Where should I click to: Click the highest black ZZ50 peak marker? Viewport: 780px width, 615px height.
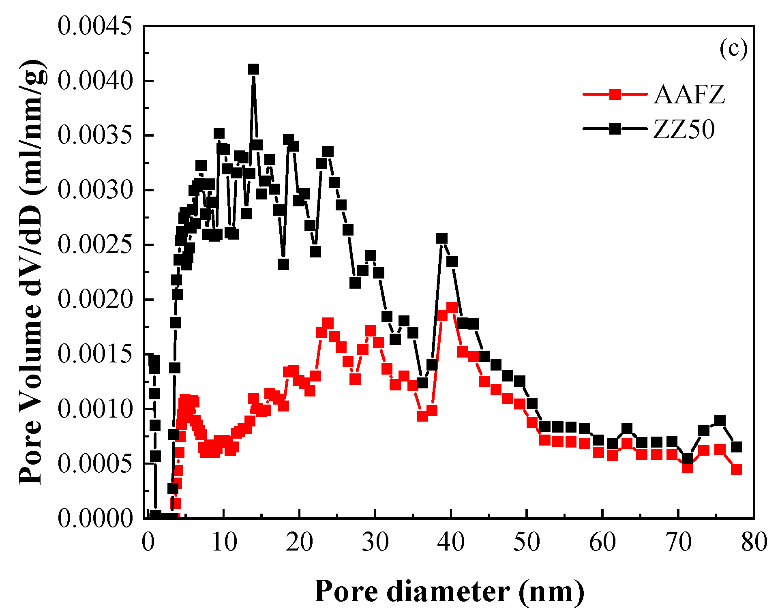click(x=253, y=69)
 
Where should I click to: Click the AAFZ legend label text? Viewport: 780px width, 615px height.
click(x=689, y=95)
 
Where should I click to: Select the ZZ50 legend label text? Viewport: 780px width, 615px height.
click(x=684, y=129)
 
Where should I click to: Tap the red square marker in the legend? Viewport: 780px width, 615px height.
click(x=615, y=94)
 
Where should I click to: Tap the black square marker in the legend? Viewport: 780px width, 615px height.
click(x=615, y=129)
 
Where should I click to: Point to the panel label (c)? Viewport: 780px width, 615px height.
click(x=733, y=49)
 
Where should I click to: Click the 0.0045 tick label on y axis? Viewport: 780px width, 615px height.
click(x=95, y=26)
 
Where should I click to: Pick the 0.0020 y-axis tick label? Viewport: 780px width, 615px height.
click(x=95, y=300)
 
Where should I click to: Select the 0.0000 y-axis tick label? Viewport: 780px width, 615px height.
click(x=95, y=518)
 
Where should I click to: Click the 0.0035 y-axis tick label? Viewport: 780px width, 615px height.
click(x=95, y=135)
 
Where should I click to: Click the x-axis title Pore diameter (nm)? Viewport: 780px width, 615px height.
click(x=449, y=591)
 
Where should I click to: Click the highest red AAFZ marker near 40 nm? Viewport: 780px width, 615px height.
click(x=452, y=308)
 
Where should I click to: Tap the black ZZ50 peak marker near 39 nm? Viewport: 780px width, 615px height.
click(x=442, y=238)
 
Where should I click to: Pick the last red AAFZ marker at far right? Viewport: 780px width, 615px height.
click(x=737, y=469)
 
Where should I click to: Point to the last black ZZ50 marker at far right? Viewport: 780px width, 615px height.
click(x=737, y=447)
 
